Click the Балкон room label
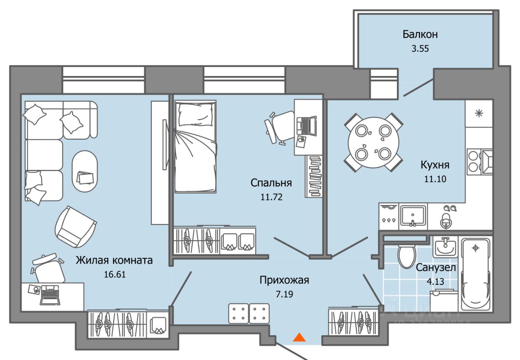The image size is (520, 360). tap(420, 35)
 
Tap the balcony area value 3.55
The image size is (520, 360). tap(420, 49)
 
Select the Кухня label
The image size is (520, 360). tap(435, 165)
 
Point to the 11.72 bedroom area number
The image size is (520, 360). tap(271, 197)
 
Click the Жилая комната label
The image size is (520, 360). tap(114, 260)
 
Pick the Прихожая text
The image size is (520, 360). tap(284, 280)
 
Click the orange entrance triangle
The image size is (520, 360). tap(299, 337)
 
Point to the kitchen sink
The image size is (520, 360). tap(412, 215)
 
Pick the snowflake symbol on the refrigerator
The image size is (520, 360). tap(479, 113)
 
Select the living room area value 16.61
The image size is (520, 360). tap(114, 275)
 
